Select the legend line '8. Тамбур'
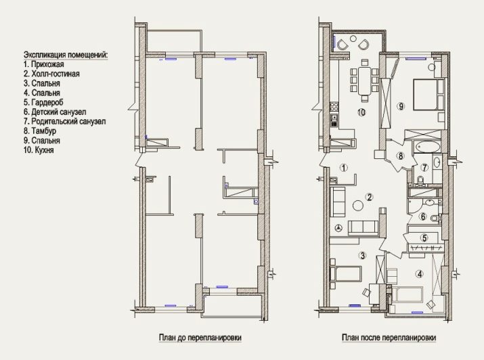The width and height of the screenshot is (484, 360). [x=40, y=131]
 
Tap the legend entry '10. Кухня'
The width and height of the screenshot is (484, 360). [x=39, y=150]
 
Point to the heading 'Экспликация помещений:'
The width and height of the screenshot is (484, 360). [x=66, y=55]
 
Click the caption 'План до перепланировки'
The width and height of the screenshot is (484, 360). [x=200, y=338]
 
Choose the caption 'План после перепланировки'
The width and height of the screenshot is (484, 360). [x=389, y=338]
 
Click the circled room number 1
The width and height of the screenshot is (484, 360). [x=344, y=168]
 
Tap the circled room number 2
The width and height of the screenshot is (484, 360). [x=369, y=197]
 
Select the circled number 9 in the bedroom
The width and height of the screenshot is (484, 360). [x=401, y=106]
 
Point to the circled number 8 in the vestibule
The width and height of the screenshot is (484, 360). [x=401, y=156]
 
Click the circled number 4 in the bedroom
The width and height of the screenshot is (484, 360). [x=419, y=273]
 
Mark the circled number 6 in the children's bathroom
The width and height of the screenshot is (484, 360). [x=423, y=217]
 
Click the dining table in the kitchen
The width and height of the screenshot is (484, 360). [x=365, y=81]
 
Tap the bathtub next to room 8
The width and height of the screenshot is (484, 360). [x=427, y=147]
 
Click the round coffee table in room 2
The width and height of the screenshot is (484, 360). [x=358, y=205]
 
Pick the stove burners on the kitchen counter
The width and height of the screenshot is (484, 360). [x=334, y=106]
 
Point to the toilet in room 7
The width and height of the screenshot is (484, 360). [x=420, y=179]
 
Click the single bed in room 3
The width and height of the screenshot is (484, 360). [x=346, y=274]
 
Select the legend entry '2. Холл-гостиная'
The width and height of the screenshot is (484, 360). [x=51, y=74]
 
